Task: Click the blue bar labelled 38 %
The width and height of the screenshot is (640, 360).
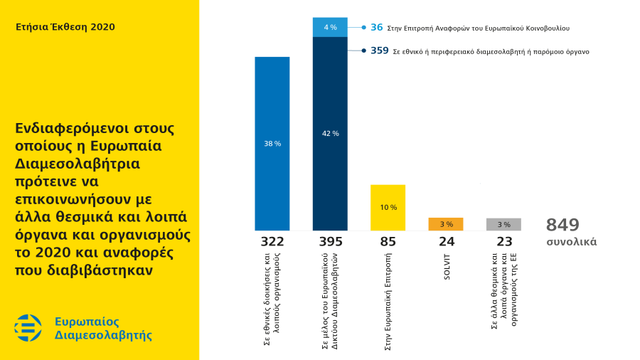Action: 272,144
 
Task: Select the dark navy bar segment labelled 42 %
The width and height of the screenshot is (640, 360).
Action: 330,134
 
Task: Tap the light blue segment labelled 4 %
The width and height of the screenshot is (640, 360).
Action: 330,27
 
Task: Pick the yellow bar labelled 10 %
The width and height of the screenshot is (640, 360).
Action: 388,207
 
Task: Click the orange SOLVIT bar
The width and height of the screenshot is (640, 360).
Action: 446,224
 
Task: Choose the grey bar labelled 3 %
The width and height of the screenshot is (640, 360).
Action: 503,225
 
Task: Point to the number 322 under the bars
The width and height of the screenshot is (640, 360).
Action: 272,242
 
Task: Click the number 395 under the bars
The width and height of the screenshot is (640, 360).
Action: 330,242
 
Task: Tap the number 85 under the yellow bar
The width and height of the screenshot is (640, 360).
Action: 388,242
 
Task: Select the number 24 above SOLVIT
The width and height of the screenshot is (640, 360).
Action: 446,242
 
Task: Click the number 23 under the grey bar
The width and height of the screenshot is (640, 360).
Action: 503,242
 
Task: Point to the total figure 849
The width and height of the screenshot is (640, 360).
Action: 562,225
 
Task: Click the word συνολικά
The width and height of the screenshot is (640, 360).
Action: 571,242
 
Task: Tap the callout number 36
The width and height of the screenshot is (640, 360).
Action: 377,28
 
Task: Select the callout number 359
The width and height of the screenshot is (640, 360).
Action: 380,51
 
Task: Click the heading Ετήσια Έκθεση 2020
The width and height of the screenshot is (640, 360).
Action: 65,27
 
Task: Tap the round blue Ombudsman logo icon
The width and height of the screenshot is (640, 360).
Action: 28,327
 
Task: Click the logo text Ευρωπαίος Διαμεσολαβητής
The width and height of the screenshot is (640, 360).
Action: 103,328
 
